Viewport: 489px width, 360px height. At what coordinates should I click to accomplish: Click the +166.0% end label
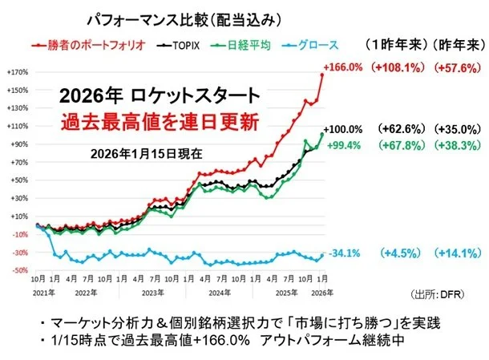point(343,67)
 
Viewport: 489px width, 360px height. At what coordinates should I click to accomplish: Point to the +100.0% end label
point(343,129)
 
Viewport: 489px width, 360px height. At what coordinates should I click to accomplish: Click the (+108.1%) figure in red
point(394,67)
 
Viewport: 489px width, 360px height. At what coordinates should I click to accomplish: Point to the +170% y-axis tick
point(18,71)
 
